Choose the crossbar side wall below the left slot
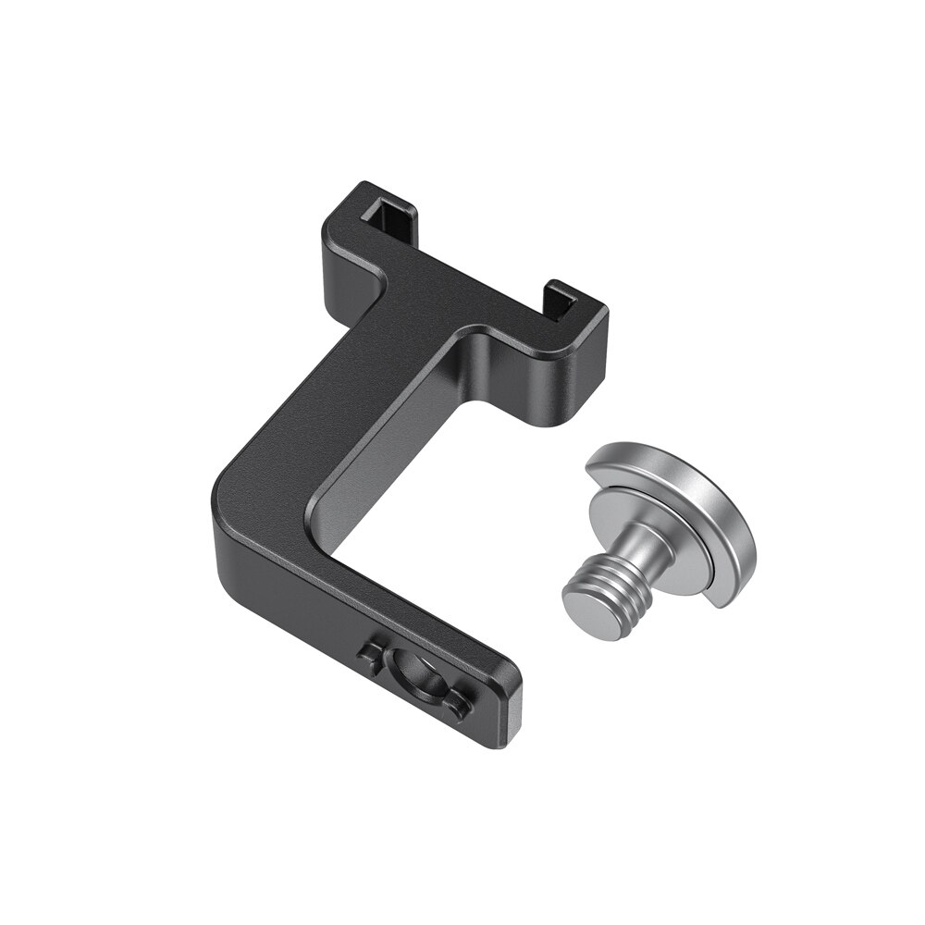(347, 277)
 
